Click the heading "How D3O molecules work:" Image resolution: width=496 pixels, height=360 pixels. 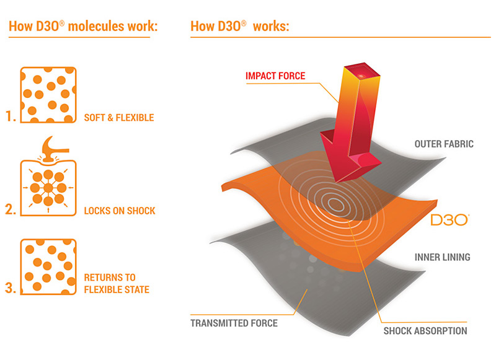pos(83,26)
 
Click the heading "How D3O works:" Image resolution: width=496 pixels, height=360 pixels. pos(240,26)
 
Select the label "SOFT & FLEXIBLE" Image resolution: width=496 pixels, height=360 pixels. pos(119,118)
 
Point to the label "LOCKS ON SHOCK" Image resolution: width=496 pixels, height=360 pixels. pos(120,211)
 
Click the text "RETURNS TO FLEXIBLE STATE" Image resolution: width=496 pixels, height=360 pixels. pos(117,284)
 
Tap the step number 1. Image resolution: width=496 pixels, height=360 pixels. pos(11,116)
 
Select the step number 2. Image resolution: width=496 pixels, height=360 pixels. pos(11,209)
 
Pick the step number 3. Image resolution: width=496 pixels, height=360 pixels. pos(11,288)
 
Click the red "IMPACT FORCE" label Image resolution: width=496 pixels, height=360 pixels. pos(275,76)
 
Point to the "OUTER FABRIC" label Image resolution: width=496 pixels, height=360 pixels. pos(444,144)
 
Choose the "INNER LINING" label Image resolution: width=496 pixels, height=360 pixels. pos(443,257)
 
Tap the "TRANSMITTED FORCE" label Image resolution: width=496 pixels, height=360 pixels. pos(234,323)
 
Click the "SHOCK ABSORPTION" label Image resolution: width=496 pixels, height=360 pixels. pos(425,331)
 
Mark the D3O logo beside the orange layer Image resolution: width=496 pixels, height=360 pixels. pos(449,220)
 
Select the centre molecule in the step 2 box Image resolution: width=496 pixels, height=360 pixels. pos(48,188)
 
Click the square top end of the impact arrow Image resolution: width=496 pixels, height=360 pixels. pos(362,70)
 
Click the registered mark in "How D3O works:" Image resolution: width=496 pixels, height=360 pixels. pos(244,23)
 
